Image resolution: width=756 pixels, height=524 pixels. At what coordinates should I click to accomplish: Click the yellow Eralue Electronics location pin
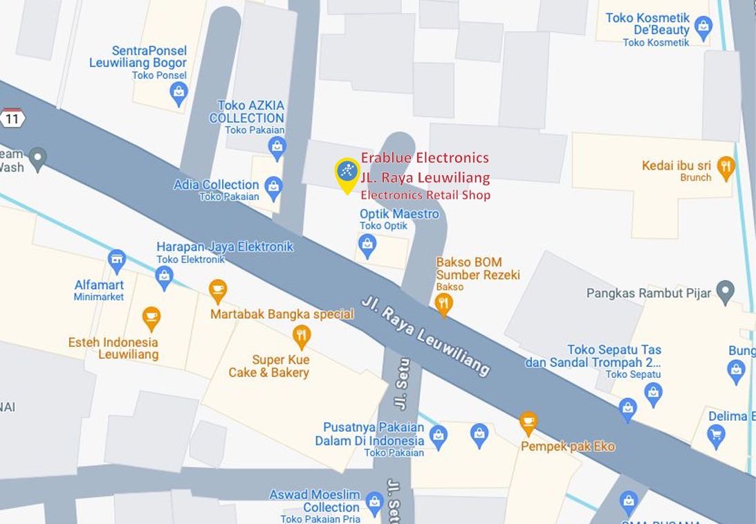pos(347,173)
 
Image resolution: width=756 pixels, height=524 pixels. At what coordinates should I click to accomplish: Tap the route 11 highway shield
pos(12,118)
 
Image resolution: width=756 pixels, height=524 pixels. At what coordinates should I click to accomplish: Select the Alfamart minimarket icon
pos(117,261)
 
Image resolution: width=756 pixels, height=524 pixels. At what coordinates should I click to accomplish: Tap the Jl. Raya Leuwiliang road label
pos(425,337)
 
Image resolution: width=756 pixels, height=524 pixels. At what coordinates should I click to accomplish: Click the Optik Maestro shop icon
pos(367,244)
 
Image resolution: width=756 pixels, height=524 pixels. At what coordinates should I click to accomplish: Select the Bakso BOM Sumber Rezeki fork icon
pos(443,302)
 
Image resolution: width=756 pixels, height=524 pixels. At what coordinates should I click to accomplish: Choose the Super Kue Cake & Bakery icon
pos(301,336)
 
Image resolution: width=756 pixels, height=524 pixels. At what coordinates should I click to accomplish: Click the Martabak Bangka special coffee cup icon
pos(218,290)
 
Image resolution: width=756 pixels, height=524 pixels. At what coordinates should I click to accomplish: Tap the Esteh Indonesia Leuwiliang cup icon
pos(151,318)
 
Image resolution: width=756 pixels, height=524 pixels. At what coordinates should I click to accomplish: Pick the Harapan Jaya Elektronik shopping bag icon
pos(164,276)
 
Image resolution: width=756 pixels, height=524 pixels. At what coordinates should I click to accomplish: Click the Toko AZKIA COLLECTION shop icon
pos(277,147)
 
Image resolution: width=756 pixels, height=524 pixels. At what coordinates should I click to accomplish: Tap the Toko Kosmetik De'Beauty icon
pos(703,27)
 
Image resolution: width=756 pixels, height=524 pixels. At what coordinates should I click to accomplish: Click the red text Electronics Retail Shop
pos(425,195)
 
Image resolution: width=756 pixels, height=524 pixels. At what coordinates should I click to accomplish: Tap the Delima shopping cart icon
pos(716,435)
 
